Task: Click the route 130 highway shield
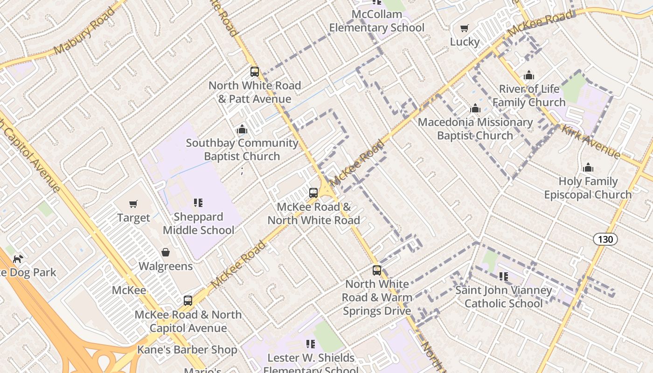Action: (x=605, y=239)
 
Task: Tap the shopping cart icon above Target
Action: (x=133, y=204)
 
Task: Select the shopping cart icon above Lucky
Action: (x=464, y=28)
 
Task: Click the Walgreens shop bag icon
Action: (x=166, y=252)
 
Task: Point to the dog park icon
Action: (x=18, y=259)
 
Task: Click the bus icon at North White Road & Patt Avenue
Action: (x=255, y=72)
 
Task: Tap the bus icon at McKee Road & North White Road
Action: (x=313, y=193)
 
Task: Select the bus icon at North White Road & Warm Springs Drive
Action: (x=377, y=270)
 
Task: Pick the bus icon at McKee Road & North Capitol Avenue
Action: (x=188, y=301)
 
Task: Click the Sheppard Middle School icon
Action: (x=198, y=203)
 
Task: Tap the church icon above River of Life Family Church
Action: (x=528, y=75)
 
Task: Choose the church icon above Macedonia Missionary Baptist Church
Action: (x=475, y=109)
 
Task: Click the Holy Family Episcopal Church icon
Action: (x=588, y=168)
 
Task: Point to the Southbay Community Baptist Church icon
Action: (x=242, y=129)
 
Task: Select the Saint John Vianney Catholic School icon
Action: (x=504, y=276)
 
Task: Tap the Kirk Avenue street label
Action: (x=591, y=142)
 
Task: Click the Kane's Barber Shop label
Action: (x=187, y=350)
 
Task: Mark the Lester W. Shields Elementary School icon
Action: (x=311, y=344)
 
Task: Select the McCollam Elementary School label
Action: (x=377, y=21)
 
